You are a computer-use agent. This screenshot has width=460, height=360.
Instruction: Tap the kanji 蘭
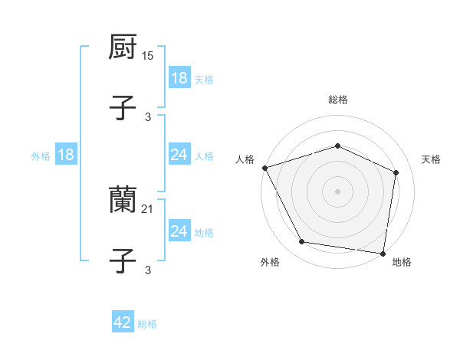click(123, 201)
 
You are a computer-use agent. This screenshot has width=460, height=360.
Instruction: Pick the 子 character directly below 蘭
click(123, 260)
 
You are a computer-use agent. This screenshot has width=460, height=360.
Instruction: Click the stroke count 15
click(149, 56)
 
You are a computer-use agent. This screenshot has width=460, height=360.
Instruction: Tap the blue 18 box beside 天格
click(179, 78)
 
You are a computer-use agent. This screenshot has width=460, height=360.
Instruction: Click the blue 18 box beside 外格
click(65, 155)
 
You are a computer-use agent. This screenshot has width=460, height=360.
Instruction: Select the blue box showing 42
click(122, 322)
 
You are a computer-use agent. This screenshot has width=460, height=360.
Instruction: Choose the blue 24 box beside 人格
click(179, 155)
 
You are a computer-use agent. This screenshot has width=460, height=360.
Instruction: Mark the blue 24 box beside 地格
click(179, 231)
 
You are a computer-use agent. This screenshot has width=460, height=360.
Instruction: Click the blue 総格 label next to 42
click(147, 324)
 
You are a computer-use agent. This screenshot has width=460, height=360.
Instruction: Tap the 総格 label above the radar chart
click(338, 100)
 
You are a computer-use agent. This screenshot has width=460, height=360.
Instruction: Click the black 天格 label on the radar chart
click(432, 159)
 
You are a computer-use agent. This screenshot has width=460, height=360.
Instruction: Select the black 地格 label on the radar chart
click(402, 262)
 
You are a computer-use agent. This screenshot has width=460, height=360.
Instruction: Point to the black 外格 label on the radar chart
click(270, 262)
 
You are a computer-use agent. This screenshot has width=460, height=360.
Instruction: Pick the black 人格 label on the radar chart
click(245, 159)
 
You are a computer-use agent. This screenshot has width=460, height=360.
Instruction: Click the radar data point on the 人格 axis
click(264, 168)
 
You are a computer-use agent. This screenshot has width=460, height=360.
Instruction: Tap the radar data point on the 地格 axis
click(383, 253)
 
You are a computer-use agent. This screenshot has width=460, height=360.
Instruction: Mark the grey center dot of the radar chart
click(338, 191)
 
